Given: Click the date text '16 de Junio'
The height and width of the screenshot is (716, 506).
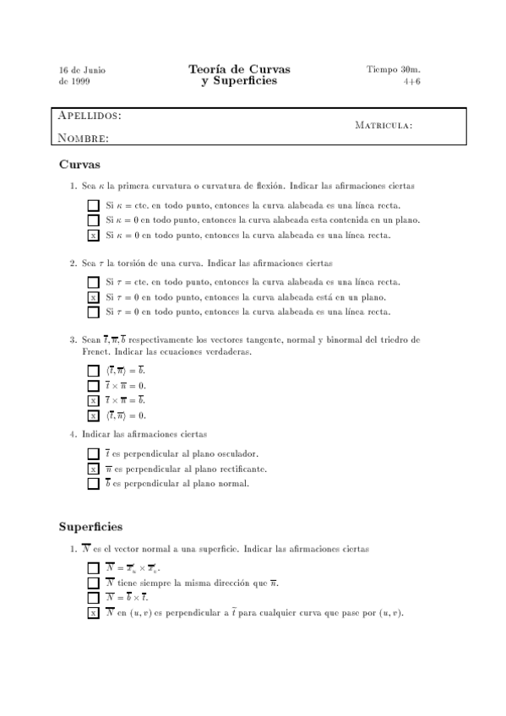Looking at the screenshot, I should tap(82, 69).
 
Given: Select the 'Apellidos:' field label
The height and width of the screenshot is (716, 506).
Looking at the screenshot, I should tap(89, 116).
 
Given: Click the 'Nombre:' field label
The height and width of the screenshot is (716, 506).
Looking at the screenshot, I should tap(83, 138).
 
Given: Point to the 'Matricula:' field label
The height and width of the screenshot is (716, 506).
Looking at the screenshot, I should tap(384, 126).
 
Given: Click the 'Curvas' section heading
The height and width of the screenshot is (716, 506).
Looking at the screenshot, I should tap(79, 164).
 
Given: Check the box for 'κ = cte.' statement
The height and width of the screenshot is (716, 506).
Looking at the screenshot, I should tap(93, 205).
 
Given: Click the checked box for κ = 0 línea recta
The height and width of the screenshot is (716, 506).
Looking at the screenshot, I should tap(93, 236).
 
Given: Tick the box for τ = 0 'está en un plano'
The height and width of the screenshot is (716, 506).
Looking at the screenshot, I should tap(93, 297).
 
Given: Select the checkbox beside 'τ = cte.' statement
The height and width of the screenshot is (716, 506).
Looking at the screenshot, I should tap(93, 282).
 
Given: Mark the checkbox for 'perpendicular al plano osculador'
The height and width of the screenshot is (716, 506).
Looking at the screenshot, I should tap(93, 453).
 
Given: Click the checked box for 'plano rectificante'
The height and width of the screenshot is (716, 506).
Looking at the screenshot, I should tap(93, 469).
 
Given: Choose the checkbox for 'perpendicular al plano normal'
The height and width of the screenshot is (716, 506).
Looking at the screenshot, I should tap(93, 484).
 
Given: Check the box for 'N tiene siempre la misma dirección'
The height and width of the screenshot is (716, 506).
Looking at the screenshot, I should tap(93, 583).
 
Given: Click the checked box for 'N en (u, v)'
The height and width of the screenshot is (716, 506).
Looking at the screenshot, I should tap(93, 613).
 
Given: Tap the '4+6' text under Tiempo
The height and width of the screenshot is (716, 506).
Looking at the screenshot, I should tap(412, 82).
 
